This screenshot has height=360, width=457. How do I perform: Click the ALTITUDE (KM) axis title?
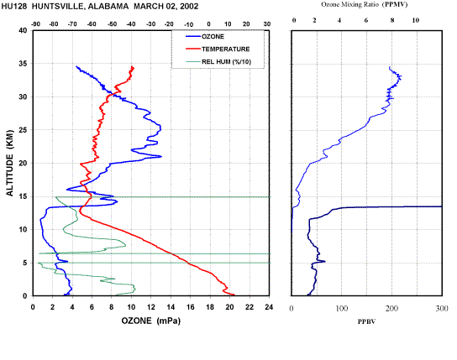point(10,163)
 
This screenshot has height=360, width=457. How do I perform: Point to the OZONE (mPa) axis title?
point(151,321)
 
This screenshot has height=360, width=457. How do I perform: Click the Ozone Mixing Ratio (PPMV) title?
point(365,4)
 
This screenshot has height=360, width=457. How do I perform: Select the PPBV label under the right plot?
point(366,321)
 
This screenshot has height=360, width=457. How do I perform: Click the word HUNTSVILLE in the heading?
point(58,7)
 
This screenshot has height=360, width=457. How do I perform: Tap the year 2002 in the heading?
point(189,7)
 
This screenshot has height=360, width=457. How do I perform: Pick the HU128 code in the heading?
point(14,7)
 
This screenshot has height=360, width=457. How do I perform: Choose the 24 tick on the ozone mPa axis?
point(269,307)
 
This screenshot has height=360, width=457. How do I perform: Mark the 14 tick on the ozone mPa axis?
point(171,307)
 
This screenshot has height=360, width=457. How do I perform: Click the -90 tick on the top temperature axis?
point(35,24)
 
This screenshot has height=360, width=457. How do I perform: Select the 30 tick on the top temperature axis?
point(267,24)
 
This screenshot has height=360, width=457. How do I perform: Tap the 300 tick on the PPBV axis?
point(442,308)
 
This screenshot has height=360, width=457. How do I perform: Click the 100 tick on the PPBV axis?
point(342,308)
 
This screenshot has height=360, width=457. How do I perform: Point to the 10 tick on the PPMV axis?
point(416,20)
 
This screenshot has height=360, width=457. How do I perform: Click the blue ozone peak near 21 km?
point(161,156)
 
